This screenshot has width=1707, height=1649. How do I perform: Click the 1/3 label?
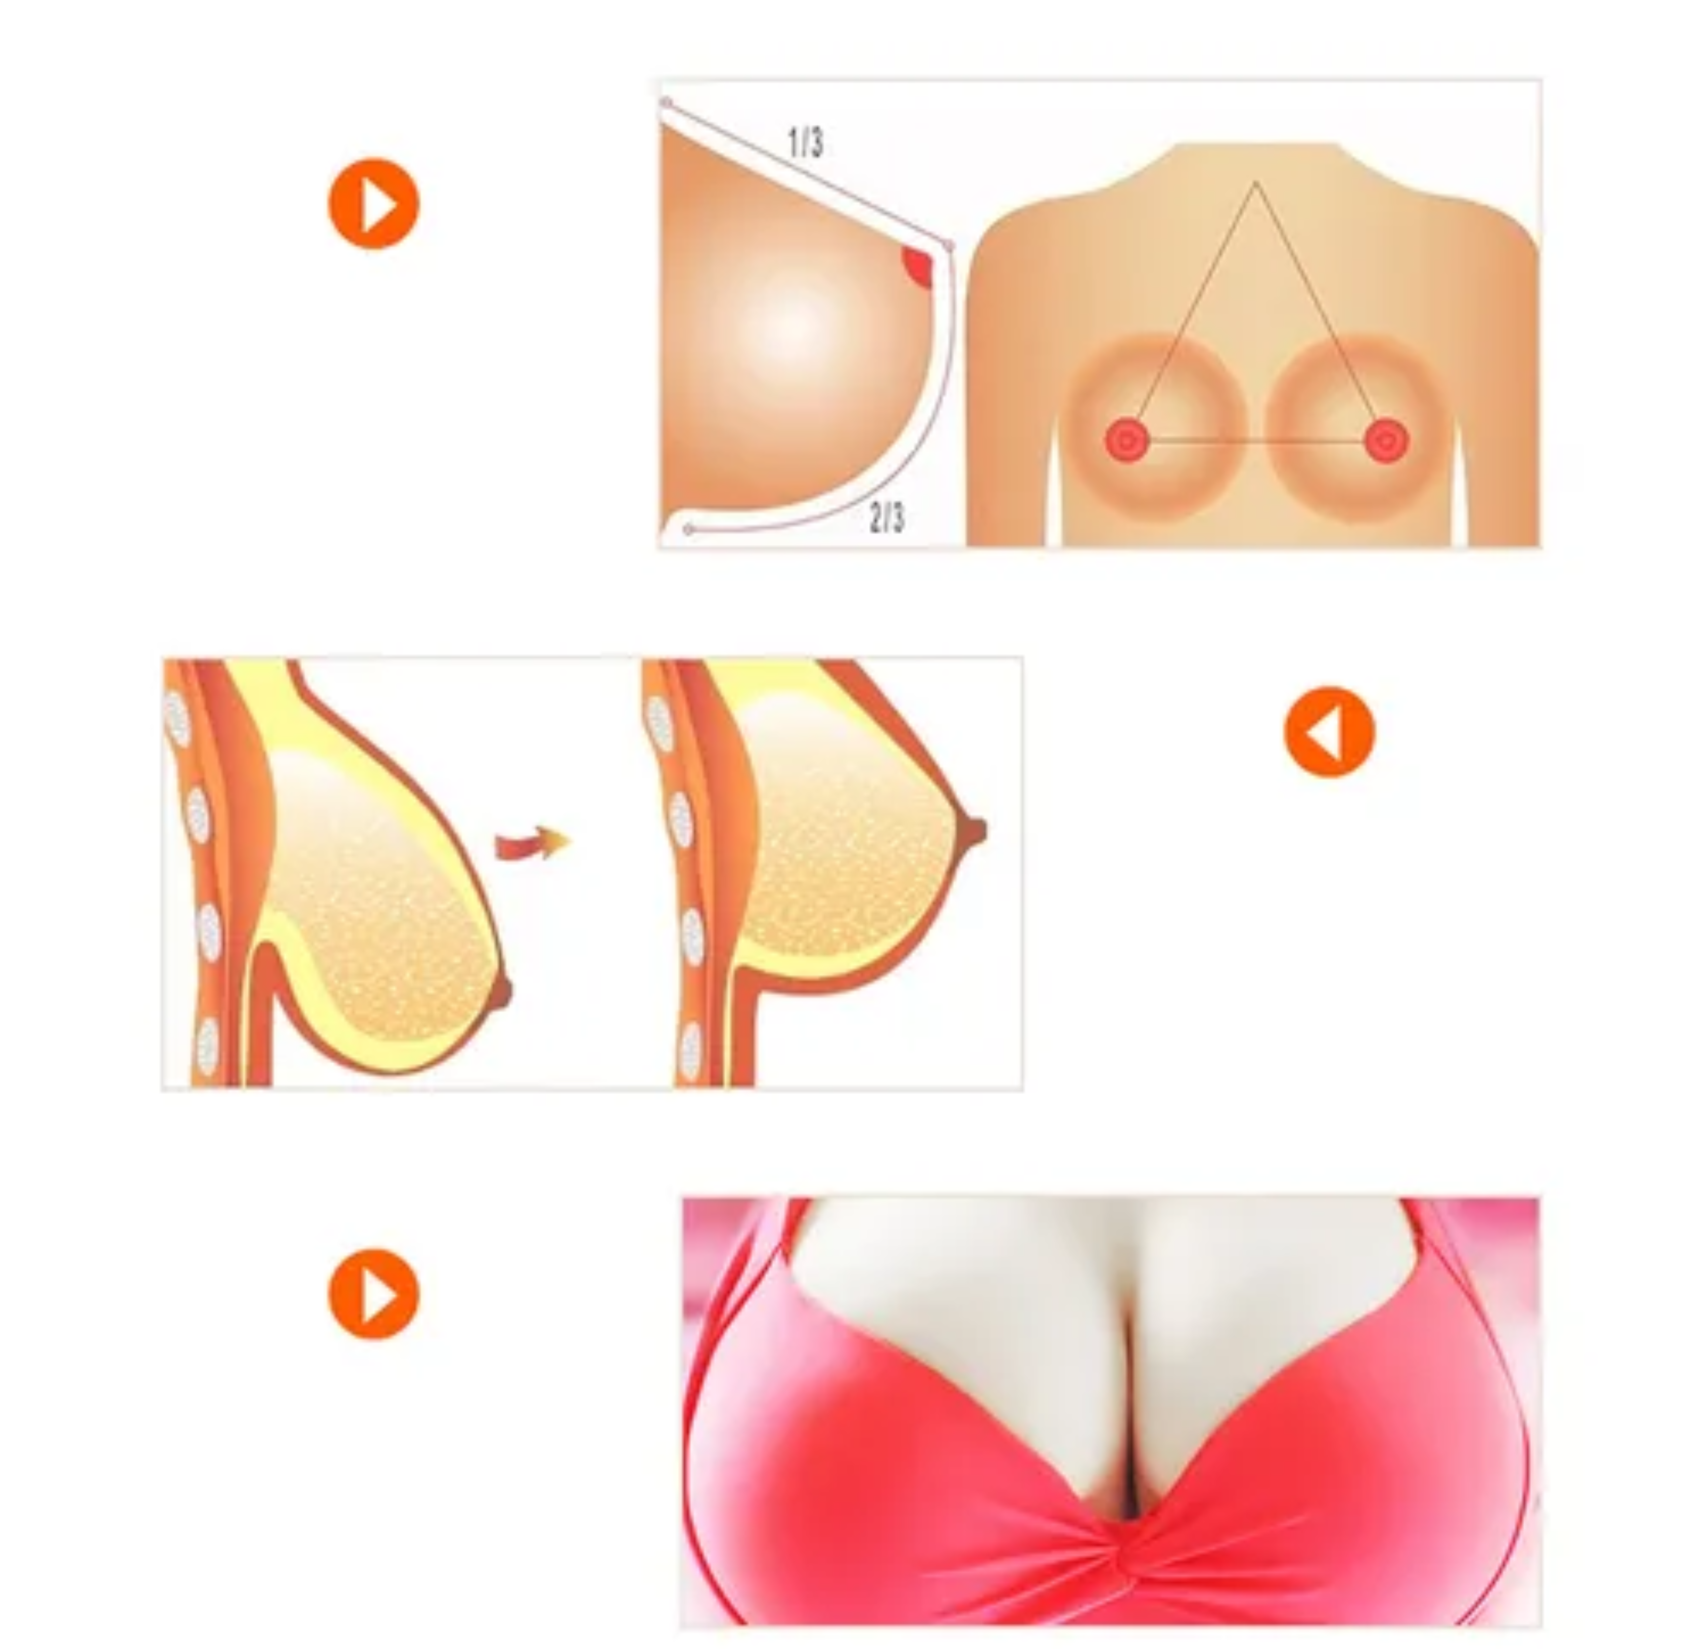point(806,142)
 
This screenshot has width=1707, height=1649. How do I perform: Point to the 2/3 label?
point(887,518)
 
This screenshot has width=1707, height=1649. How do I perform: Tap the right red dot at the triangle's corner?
point(1386,441)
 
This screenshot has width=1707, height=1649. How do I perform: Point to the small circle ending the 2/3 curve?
point(688,529)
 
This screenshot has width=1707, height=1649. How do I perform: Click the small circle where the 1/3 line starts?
point(666,103)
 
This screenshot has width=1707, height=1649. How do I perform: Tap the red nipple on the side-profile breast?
point(918,265)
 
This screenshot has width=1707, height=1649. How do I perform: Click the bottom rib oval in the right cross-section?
point(690,1052)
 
